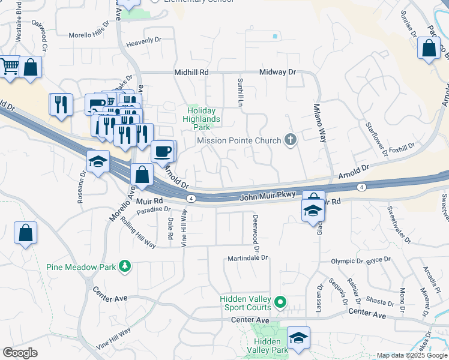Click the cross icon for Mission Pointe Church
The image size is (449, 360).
291,140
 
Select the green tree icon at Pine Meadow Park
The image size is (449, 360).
125,266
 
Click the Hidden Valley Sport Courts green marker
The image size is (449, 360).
280,301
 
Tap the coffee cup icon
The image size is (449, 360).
163,152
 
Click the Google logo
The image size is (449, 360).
20,353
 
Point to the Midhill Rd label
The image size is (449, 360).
191,72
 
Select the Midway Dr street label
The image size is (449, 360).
278,72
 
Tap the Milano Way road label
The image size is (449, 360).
320,124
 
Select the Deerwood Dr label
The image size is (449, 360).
256,233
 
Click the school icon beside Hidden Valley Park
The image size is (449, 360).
298,337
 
